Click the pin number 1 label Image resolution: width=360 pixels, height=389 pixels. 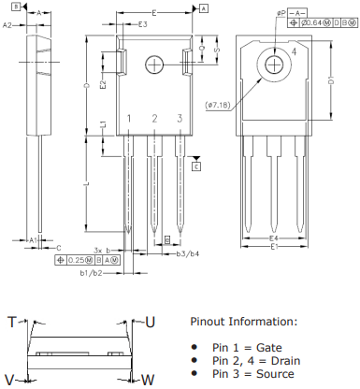129,119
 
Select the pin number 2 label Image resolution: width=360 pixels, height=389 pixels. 154,119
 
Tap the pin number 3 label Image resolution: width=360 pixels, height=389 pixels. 179,119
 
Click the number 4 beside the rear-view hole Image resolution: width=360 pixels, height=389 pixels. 293,53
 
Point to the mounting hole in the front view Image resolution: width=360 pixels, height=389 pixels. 155,64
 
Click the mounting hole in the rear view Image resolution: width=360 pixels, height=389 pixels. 274,64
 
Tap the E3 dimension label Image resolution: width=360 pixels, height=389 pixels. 142,24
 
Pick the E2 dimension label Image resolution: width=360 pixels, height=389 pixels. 103,83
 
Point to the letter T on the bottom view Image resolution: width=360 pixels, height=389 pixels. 12,322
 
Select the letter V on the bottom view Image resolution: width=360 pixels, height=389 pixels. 9,379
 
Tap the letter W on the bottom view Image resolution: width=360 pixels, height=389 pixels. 148,379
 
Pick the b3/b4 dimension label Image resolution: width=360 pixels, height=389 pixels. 188,253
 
